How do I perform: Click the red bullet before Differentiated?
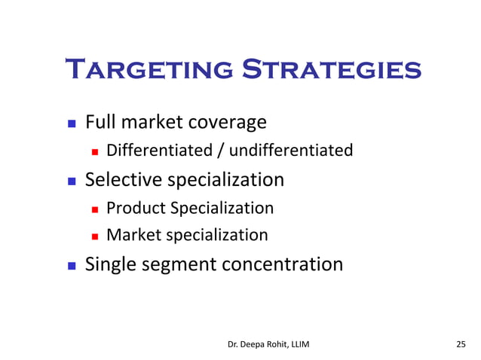tap(95, 151)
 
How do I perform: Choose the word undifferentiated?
tap(291, 151)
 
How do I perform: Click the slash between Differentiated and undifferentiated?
tap(221, 151)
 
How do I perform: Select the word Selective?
tap(123, 179)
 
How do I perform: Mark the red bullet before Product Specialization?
tap(95, 209)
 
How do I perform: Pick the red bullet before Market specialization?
tap(95, 236)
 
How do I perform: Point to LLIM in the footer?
tap(297, 344)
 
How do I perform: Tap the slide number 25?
tap(461, 344)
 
